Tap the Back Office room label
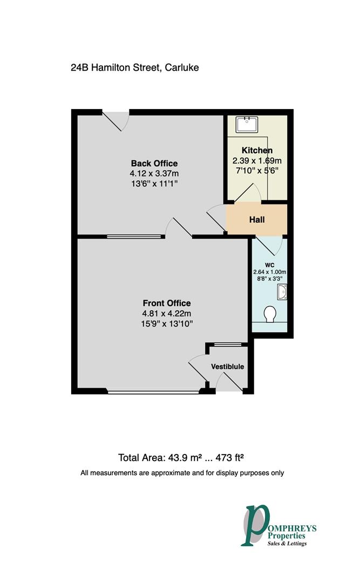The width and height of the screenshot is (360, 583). (154, 164)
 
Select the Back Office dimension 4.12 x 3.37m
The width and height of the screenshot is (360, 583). (154, 173)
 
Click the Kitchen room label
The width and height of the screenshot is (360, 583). (256, 151)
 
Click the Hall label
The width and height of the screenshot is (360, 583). (256, 220)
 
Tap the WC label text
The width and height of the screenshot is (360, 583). (270, 265)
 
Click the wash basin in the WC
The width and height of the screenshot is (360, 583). (281, 293)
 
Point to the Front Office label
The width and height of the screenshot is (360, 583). (166, 303)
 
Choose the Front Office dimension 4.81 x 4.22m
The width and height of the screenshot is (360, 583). (166, 313)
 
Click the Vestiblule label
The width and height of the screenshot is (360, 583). (227, 367)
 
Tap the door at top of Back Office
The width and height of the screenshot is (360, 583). (116, 120)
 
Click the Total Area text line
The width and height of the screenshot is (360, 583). (181, 458)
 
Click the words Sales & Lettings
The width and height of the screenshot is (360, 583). (287, 544)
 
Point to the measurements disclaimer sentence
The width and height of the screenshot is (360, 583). (182, 473)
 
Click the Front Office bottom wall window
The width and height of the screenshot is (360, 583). (153, 391)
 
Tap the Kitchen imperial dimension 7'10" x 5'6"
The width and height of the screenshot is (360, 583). (256, 171)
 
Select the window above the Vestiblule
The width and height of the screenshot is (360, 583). (227, 344)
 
